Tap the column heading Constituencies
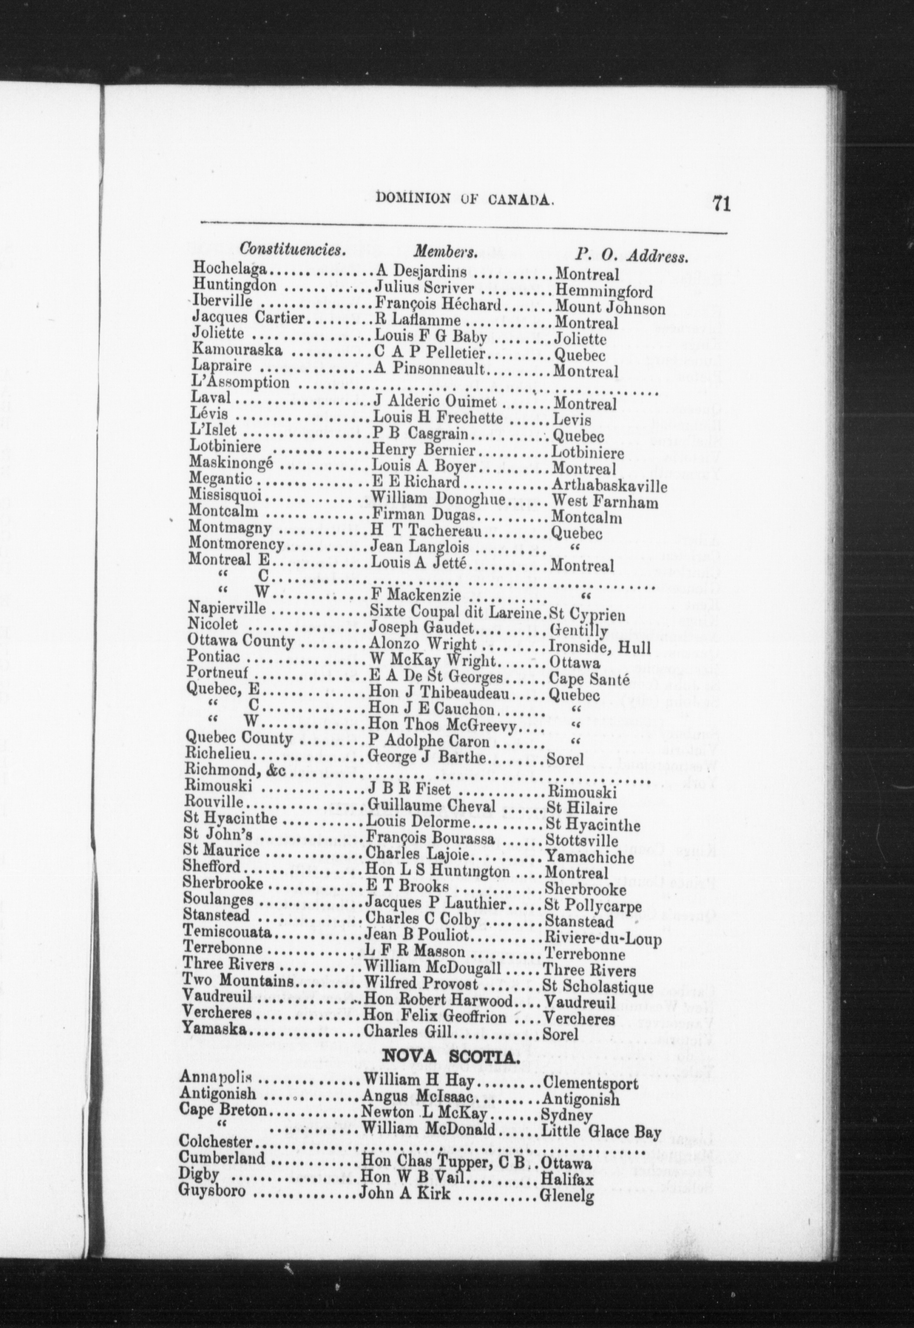(293, 251)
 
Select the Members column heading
(446, 253)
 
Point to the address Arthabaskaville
(609, 487)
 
